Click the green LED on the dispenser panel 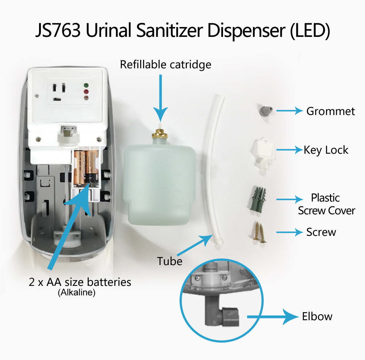click(86, 85)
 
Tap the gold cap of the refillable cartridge click(160, 134)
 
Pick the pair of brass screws click(259, 232)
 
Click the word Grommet click(331, 111)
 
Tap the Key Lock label click(326, 150)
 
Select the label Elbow click(317, 317)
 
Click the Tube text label click(170, 261)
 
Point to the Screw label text click(321, 232)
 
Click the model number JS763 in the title click(58, 30)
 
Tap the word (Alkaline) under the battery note click(77, 292)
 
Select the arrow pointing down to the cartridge click(160, 98)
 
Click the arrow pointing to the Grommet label click(289, 111)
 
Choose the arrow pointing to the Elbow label click(272, 317)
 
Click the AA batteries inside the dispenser click(86, 168)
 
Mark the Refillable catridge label click(165, 65)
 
